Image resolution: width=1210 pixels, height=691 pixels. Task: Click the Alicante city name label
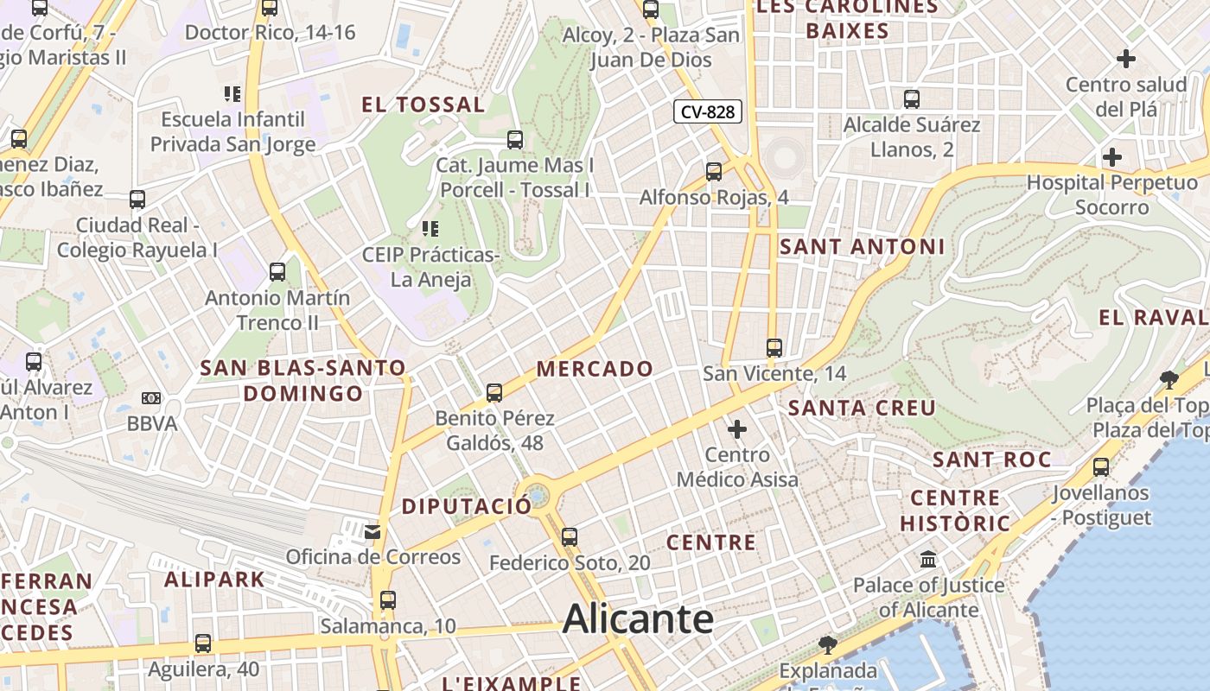(x=638, y=618)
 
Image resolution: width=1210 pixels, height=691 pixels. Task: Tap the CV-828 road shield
(x=708, y=111)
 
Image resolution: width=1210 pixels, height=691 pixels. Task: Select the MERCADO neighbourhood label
(x=595, y=369)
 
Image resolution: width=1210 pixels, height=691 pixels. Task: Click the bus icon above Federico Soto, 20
(x=569, y=536)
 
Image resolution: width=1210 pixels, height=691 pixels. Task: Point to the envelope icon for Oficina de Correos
(x=373, y=530)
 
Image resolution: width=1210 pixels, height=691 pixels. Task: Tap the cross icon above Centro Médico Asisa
(x=737, y=428)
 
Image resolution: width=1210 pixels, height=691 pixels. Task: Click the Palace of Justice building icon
(x=929, y=560)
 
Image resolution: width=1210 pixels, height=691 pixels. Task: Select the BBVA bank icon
(x=151, y=398)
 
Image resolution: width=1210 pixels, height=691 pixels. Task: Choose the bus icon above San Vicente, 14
(x=774, y=348)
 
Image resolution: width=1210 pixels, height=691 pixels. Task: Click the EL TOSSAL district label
(x=423, y=105)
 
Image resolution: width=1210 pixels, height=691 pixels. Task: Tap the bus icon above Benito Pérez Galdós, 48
(x=494, y=393)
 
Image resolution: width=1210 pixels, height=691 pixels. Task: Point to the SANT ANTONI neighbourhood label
(x=862, y=247)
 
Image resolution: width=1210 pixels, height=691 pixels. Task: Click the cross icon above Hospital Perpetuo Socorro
(x=1112, y=157)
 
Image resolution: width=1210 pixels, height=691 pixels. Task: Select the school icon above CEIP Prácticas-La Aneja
(x=430, y=229)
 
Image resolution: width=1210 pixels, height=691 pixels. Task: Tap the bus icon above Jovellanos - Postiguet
(x=1101, y=467)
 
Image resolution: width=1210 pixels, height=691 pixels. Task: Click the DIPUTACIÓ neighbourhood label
(x=467, y=506)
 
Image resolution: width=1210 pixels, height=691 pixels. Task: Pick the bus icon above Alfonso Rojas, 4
(x=714, y=171)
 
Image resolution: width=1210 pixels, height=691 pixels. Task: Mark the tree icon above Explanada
(x=828, y=644)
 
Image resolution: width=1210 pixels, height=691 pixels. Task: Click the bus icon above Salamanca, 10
(x=388, y=599)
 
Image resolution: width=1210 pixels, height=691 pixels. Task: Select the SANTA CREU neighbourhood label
(x=862, y=408)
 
